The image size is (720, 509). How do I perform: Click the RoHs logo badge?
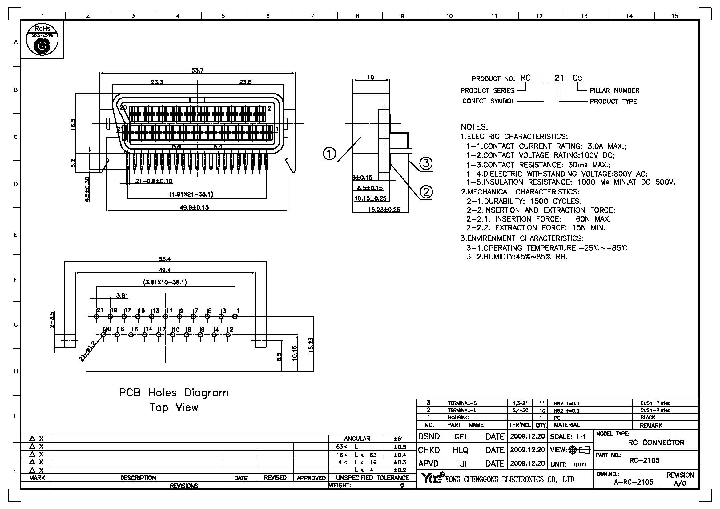tap(42, 39)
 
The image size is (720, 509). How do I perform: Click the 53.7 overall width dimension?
tap(197, 70)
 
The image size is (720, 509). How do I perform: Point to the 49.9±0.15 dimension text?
tap(194, 207)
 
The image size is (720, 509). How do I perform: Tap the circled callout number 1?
tap(329, 154)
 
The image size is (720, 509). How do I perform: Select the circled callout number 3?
tap(425, 163)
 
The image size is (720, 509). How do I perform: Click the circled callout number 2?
tap(426, 191)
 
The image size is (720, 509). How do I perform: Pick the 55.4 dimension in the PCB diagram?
tap(165, 259)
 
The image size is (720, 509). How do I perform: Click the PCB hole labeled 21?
tap(96, 316)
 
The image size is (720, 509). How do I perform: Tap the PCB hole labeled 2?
tap(228, 335)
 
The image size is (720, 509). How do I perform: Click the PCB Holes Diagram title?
tap(174, 393)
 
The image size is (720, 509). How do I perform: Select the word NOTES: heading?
tap(474, 127)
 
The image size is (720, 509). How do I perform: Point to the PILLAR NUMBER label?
tap(614, 90)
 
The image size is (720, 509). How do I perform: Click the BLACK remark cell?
tap(648, 418)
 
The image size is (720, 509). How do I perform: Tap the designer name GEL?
tap(461, 437)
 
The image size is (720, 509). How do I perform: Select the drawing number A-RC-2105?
tap(634, 482)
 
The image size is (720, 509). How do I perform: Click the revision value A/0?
tap(680, 483)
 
